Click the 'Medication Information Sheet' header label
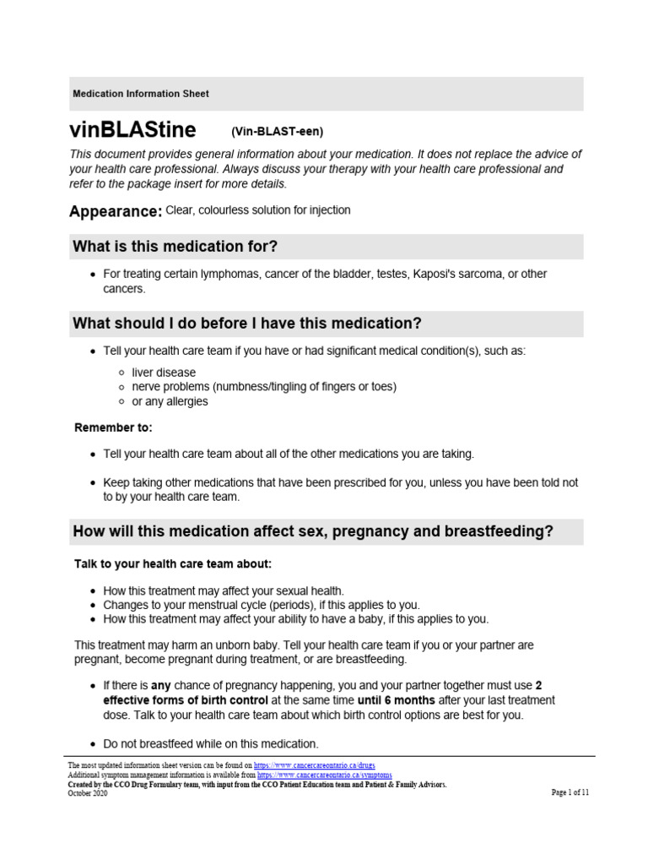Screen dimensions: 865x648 point(141,94)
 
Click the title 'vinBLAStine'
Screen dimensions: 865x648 point(132,130)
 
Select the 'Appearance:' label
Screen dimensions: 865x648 point(115,212)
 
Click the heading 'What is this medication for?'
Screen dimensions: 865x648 point(175,247)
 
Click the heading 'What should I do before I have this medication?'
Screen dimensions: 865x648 point(247,324)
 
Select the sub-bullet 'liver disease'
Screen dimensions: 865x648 point(164,373)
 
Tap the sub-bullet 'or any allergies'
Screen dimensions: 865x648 point(170,401)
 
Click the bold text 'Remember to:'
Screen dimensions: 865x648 point(113,428)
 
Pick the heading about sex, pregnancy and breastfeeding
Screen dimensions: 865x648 point(313,531)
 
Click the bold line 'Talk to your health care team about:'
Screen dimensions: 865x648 point(174,563)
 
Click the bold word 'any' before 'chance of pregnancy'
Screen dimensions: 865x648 point(161,686)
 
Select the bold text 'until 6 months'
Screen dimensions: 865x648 point(397,700)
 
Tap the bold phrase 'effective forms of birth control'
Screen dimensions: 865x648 point(186,700)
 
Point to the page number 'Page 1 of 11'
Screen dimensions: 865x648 point(570,792)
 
